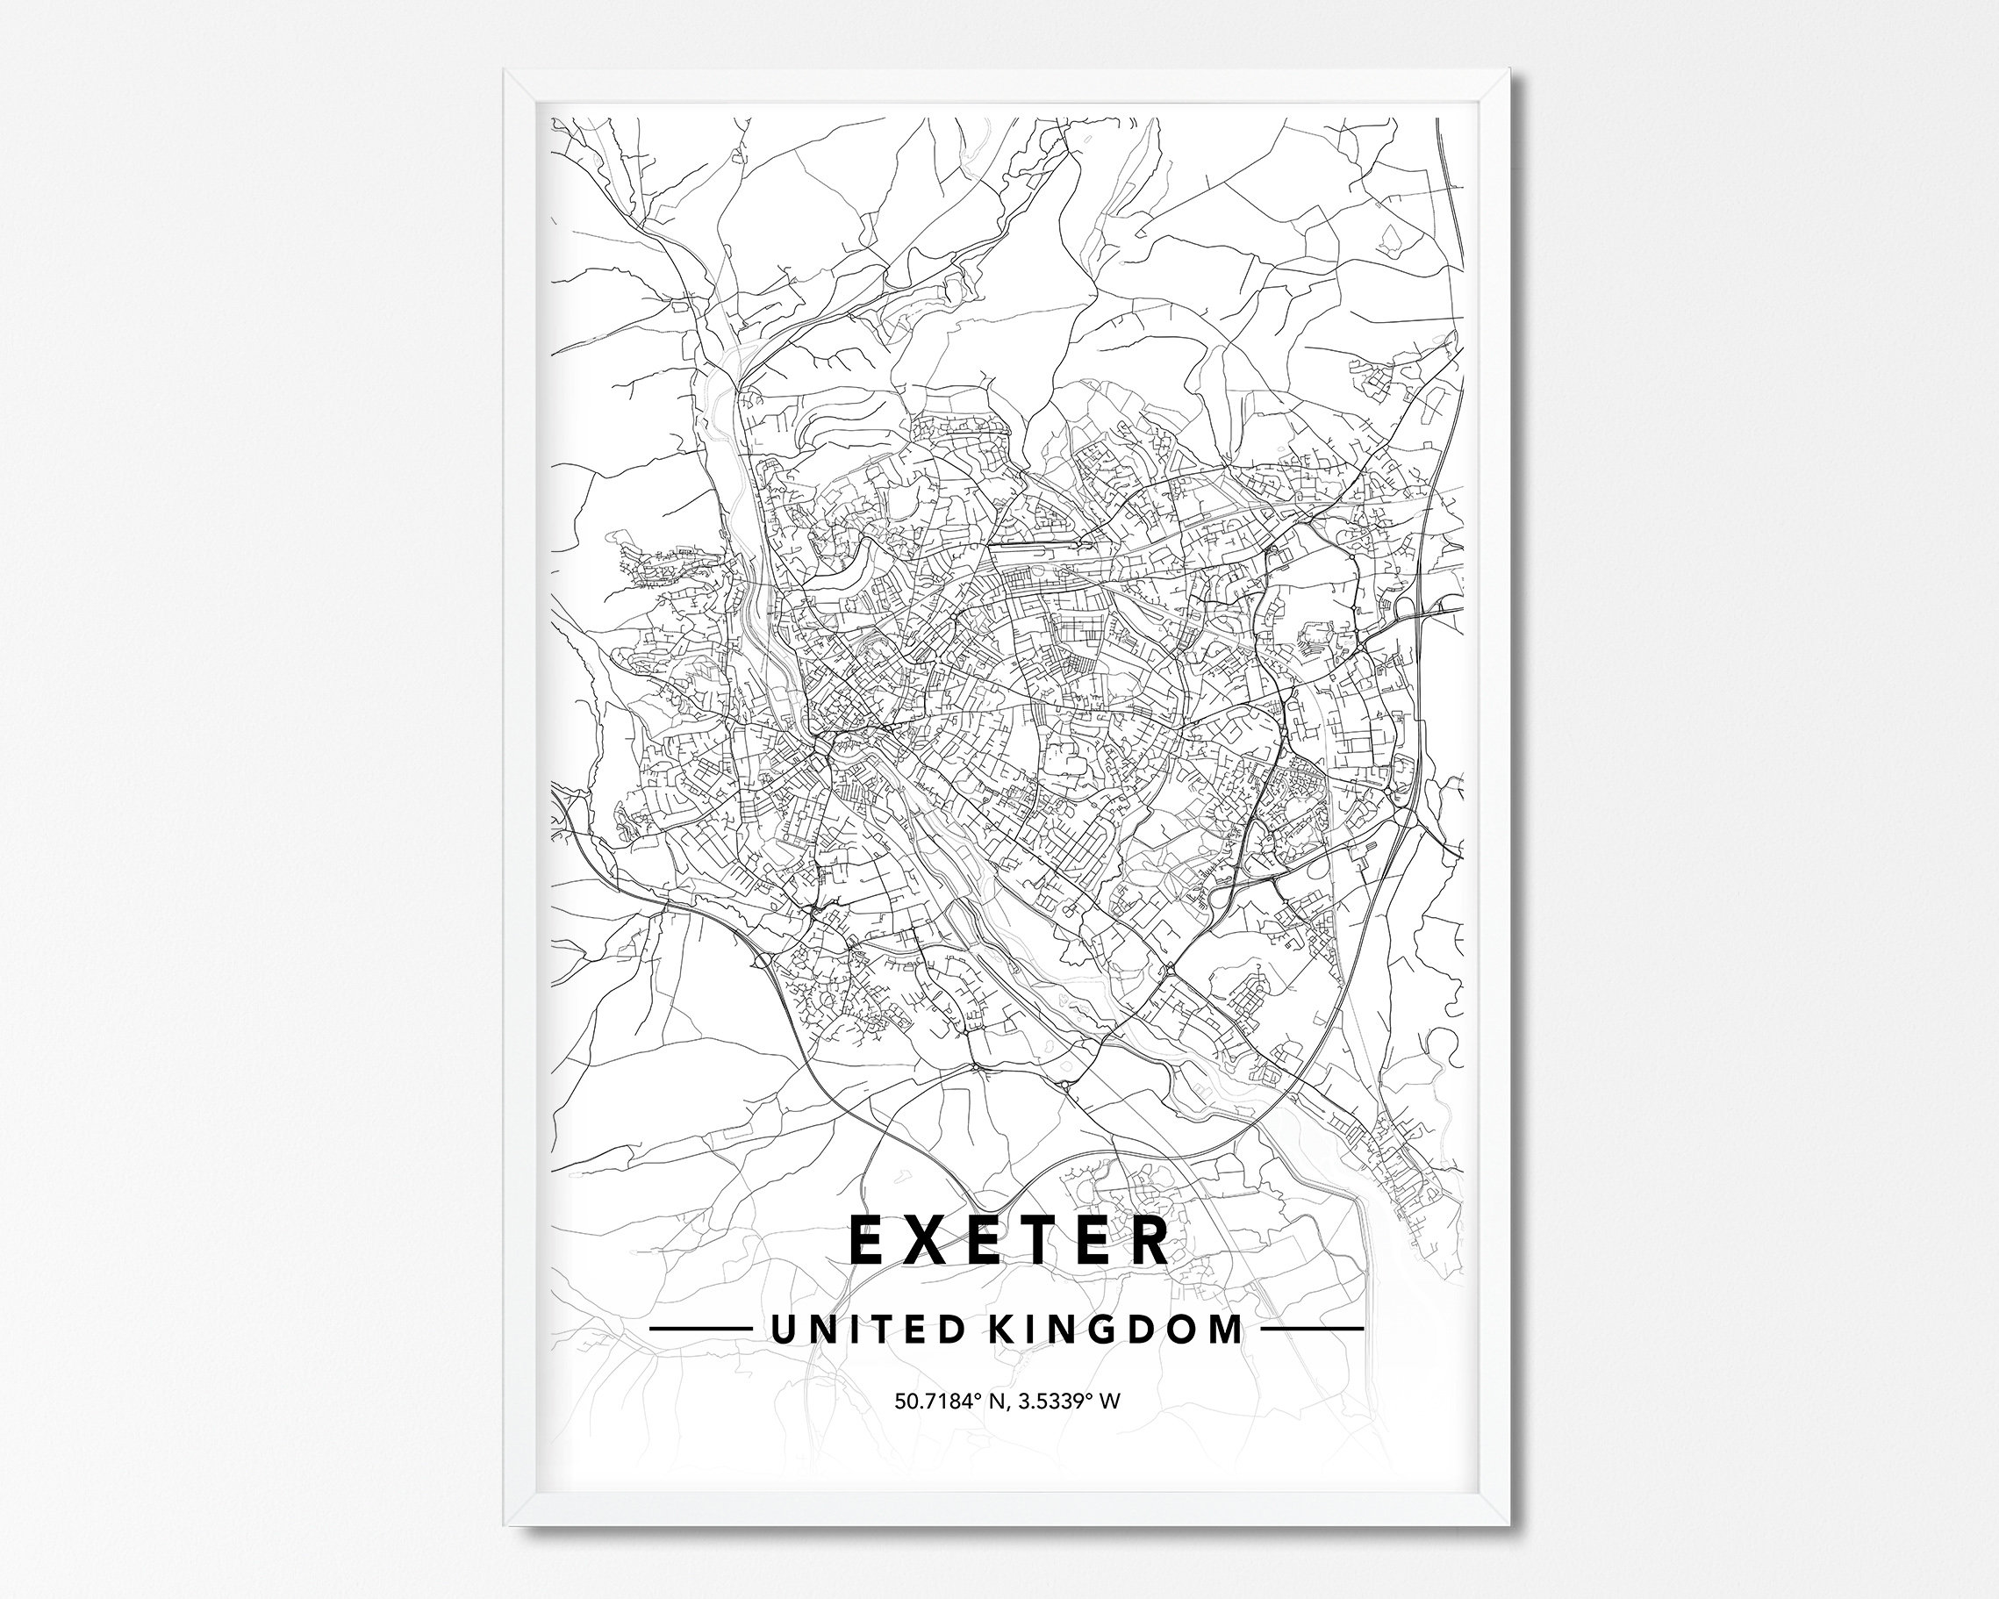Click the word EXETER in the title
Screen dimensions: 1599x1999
[x=1009, y=1241]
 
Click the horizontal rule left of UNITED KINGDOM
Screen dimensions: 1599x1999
[x=700, y=1328]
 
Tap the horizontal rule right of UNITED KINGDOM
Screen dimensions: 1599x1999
[x=1314, y=1328]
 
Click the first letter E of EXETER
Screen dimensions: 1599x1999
[x=866, y=1241]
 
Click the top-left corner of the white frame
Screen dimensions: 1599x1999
[x=506, y=72]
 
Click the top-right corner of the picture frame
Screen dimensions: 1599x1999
[x=1509, y=72]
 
